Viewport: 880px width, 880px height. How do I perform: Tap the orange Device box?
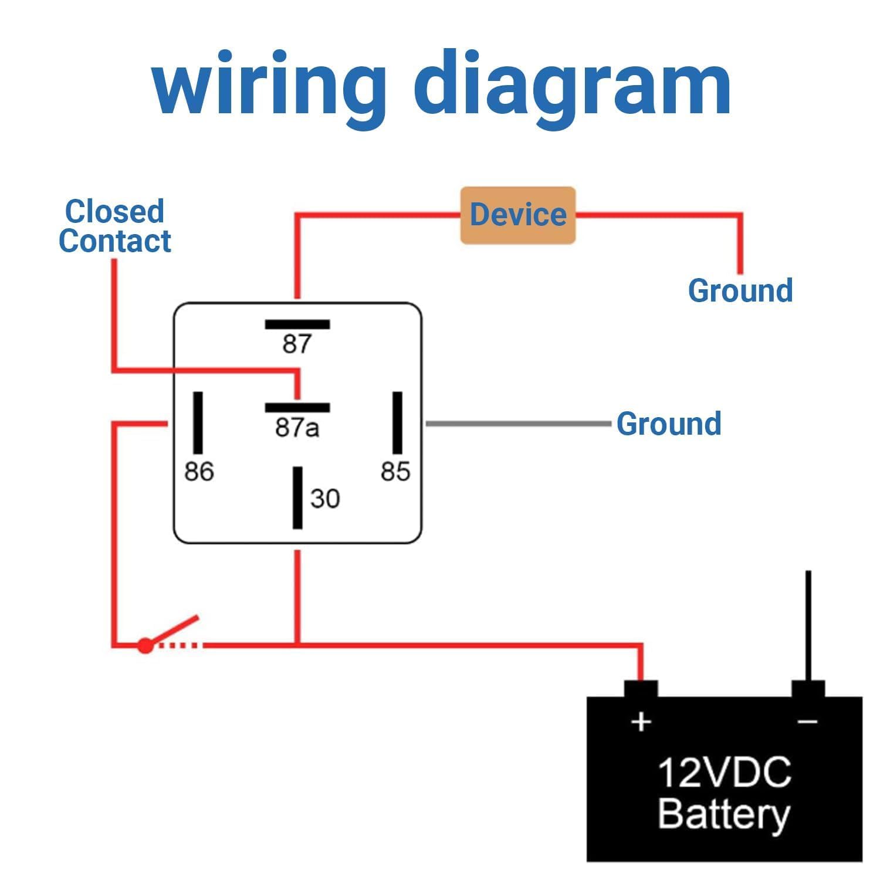tap(518, 215)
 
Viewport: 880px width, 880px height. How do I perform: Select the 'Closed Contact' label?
tap(115, 226)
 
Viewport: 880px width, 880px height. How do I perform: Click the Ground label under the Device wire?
tap(740, 291)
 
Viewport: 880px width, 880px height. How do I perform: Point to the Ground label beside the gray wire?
tap(669, 424)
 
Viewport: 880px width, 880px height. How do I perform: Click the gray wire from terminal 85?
tap(519, 423)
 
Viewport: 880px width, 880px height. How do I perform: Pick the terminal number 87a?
tap(297, 428)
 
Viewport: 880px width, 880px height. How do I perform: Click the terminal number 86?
tap(199, 472)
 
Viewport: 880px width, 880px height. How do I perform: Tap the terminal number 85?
tap(395, 472)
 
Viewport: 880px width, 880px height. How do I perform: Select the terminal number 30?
tap(325, 499)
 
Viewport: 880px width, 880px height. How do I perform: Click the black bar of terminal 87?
tap(297, 324)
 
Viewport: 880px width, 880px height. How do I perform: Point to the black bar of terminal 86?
tap(198, 423)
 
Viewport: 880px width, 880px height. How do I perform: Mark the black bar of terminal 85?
tap(397, 423)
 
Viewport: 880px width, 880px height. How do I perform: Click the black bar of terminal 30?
tap(298, 498)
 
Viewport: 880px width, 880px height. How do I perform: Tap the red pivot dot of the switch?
tap(145, 646)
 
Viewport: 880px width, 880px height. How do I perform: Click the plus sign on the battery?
tap(641, 722)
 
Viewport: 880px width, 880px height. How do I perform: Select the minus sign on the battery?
tap(808, 722)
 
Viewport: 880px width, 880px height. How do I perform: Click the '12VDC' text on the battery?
tap(725, 773)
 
